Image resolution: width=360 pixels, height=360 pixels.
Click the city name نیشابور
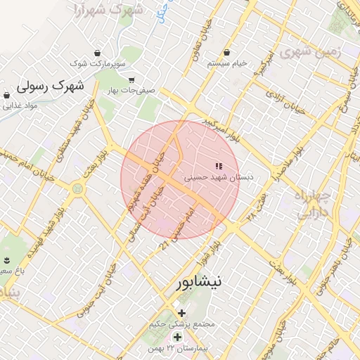(198, 283)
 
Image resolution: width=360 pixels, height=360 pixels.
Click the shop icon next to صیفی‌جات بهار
(131, 79)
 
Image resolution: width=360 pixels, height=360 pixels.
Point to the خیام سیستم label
(227, 63)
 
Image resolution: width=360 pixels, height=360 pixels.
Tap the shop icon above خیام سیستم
(227, 53)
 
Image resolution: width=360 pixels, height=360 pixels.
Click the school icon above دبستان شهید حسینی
(218, 167)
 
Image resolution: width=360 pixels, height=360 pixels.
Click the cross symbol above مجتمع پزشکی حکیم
(182, 313)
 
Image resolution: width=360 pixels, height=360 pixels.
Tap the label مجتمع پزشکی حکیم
(182, 325)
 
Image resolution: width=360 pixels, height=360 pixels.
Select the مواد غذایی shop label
(19, 106)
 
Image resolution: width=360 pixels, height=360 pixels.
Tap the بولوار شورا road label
(214, 250)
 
